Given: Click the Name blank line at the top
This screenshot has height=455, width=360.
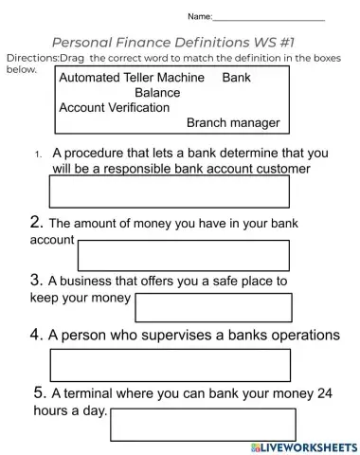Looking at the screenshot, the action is [x=269, y=18].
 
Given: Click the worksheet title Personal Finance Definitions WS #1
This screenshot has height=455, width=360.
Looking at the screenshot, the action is [x=179, y=43].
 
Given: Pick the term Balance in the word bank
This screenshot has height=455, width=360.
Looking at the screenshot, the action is [x=156, y=93].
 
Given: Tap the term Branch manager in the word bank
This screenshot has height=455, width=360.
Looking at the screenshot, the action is [x=233, y=123].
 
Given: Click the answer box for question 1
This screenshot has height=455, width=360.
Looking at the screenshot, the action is [x=169, y=191].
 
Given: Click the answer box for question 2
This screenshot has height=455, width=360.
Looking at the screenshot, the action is [x=184, y=255].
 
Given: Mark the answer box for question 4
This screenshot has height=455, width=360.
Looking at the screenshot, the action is [x=169, y=365].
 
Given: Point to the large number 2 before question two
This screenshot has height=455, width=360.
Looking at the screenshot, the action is [x=36, y=223].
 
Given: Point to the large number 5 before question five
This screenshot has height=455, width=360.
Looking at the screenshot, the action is [x=39, y=391].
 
